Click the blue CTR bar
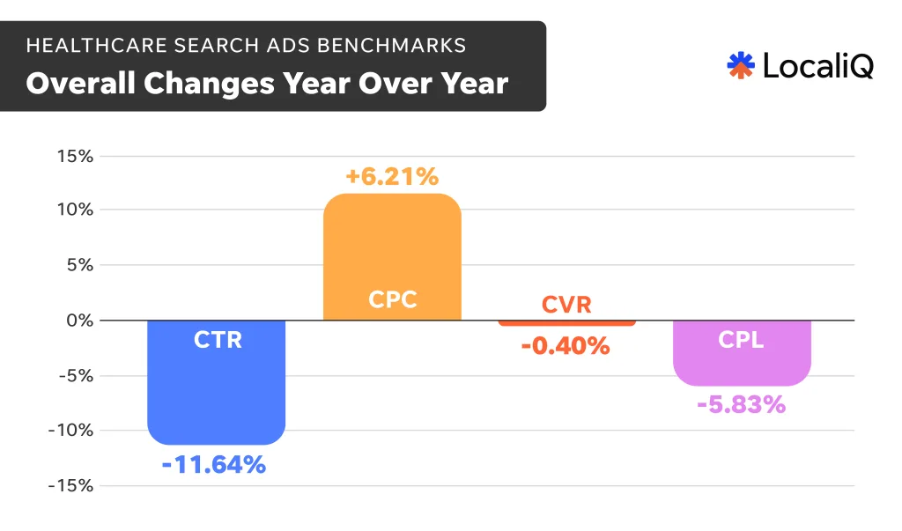(x=217, y=383)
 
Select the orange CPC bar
(x=392, y=255)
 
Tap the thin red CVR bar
(x=566, y=323)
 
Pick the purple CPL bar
(x=742, y=353)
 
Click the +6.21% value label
(x=392, y=177)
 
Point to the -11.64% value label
(x=214, y=464)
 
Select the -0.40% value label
(x=566, y=346)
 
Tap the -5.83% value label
(x=741, y=405)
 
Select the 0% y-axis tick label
(x=78, y=321)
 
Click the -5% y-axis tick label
(x=74, y=376)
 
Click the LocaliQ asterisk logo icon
(x=741, y=65)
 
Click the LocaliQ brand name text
(x=817, y=65)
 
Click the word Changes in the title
(x=208, y=84)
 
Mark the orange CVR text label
(x=566, y=305)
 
